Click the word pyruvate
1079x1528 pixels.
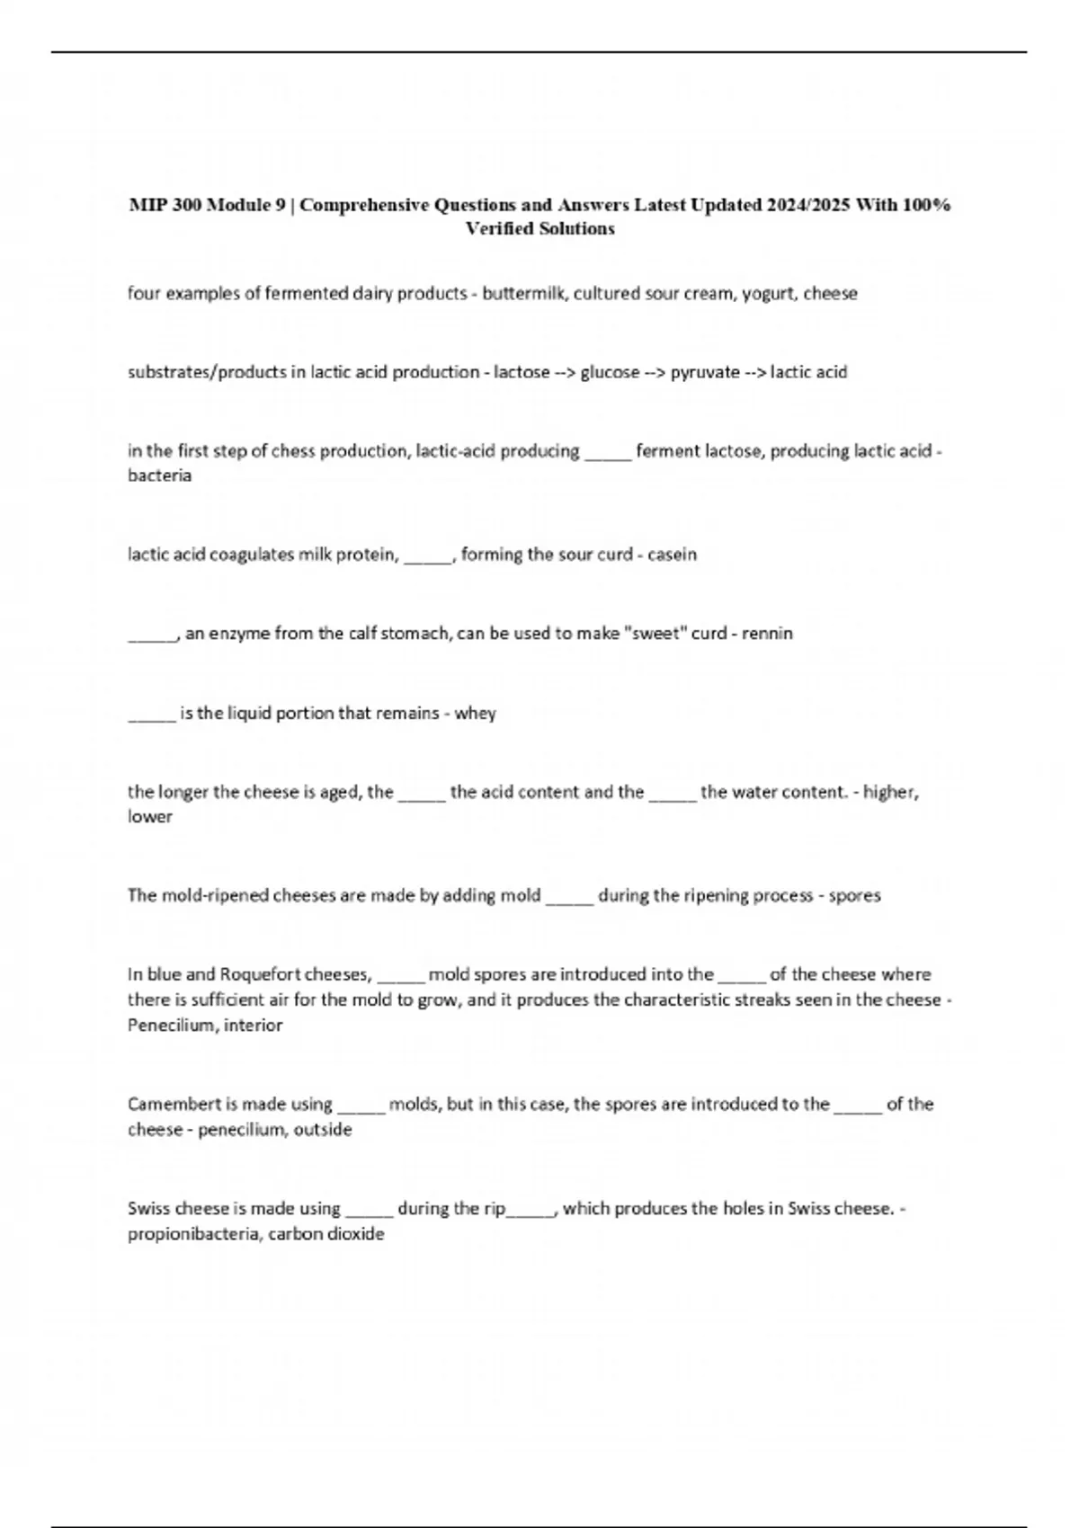[705, 372]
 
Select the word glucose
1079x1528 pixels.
[610, 372]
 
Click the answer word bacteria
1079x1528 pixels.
[159, 475]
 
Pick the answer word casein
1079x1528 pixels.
[672, 555]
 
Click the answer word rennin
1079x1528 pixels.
[767, 634]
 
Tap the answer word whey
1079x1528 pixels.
[475, 714]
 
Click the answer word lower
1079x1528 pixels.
[149, 817]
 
